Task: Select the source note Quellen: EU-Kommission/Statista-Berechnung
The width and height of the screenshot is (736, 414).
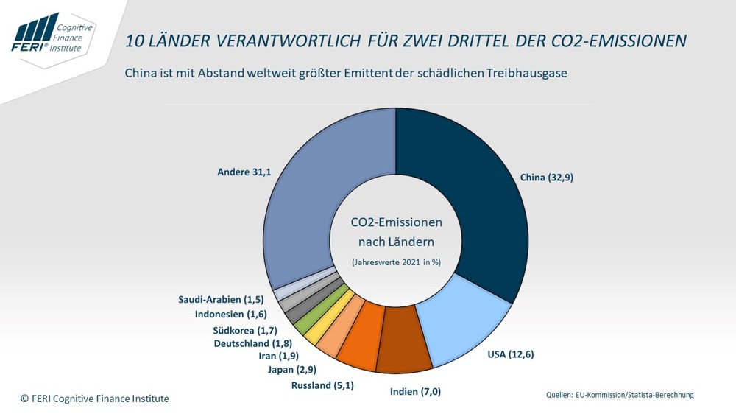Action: point(620,396)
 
